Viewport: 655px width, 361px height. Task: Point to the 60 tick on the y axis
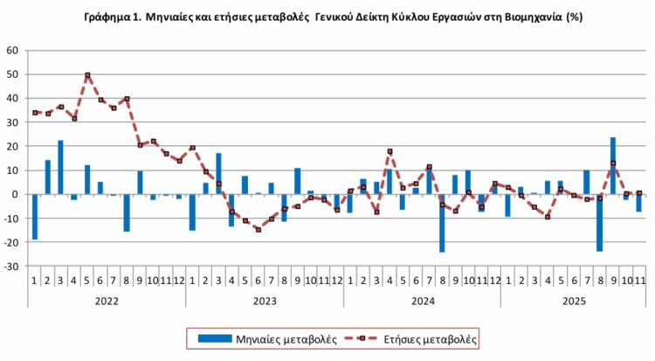[13, 51]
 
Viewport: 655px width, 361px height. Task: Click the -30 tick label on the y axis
[11, 266]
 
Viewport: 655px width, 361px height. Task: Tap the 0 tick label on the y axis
[16, 194]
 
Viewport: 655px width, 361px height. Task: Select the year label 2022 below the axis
[107, 300]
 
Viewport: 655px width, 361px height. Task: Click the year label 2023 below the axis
[265, 300]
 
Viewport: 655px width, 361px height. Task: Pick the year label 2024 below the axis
[422, 300]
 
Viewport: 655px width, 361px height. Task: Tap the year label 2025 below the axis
[573, 300]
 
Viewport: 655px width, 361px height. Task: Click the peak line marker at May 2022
[87, 75]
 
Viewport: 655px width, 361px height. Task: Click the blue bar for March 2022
[61, 167]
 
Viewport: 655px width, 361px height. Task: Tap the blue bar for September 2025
[613, 166]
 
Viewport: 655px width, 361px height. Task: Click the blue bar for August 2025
[600, 223]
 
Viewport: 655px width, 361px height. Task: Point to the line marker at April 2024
[390, 151]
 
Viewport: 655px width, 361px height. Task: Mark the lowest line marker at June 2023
[259, 229]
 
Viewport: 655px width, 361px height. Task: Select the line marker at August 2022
[127, 99]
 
